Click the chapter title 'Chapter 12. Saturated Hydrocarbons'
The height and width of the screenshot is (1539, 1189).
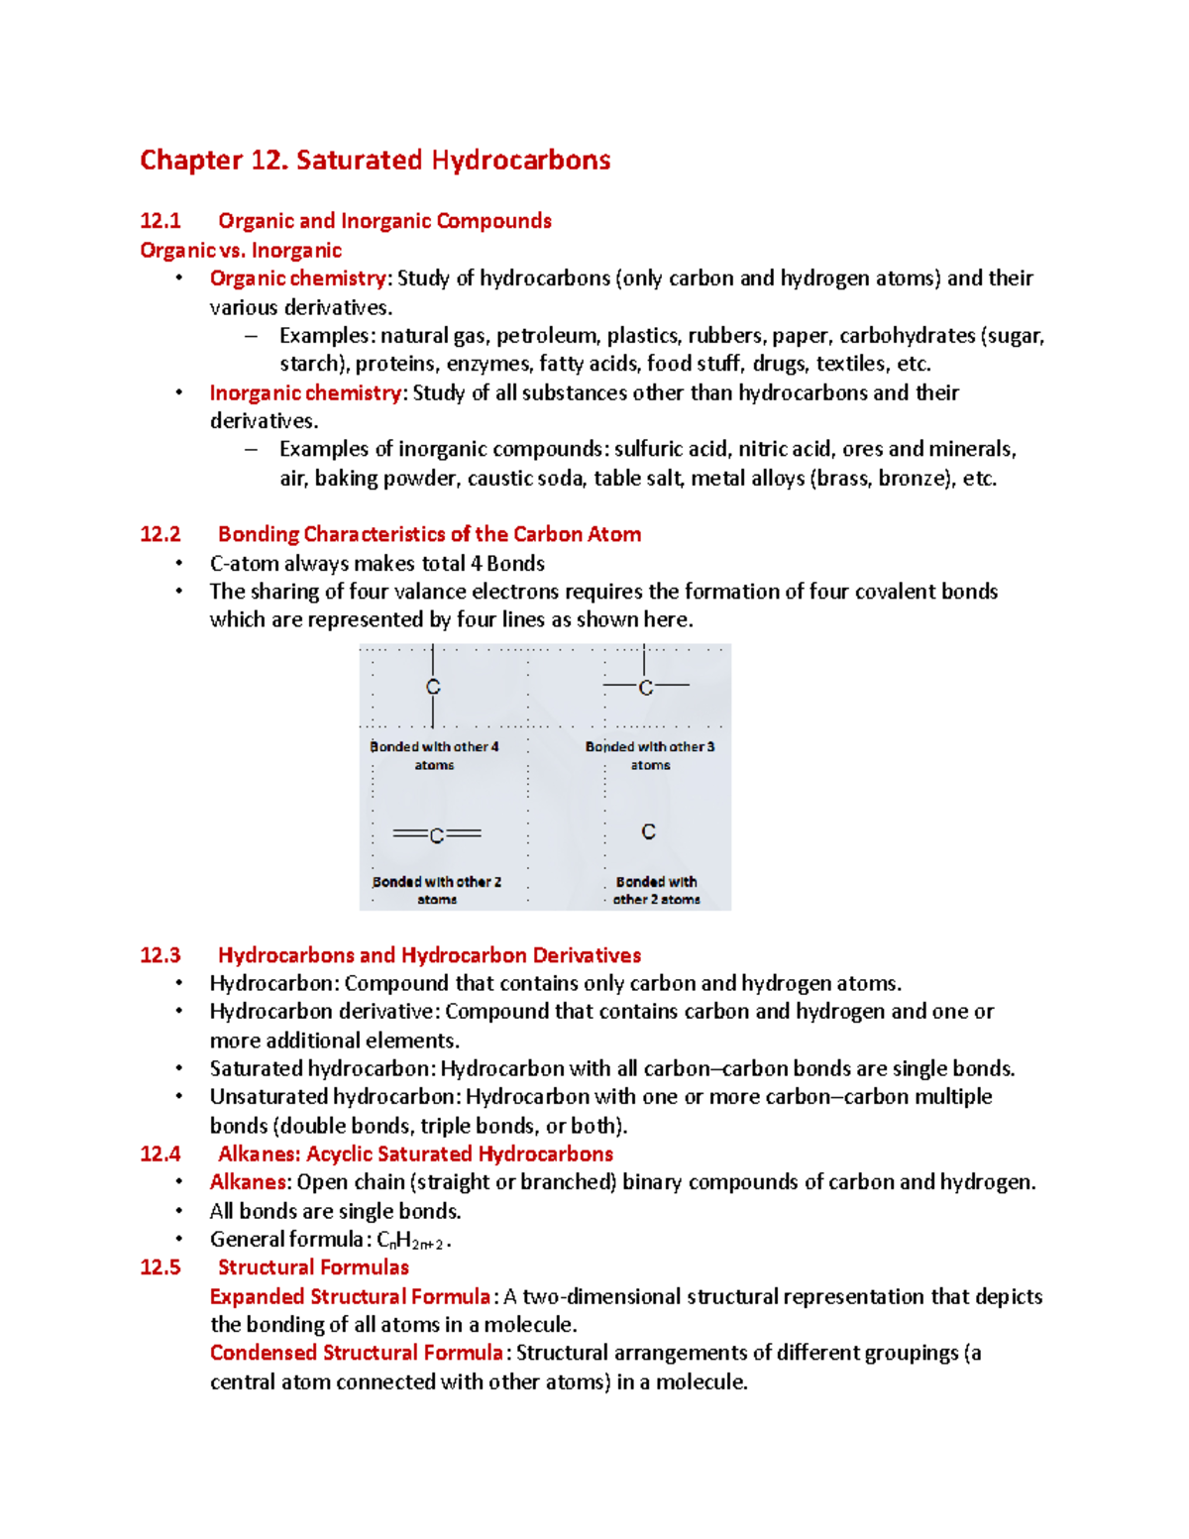(x=375, y=160)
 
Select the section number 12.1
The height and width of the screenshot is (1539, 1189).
(x=160, y=221)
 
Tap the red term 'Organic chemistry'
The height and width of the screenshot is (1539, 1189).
(x=297, y=278)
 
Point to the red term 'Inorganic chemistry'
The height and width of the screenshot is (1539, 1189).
(x=305, y=393)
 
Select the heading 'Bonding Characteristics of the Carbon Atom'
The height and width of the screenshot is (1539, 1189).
(x=429, y=534)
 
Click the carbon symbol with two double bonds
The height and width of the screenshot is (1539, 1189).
(x=437, y=835)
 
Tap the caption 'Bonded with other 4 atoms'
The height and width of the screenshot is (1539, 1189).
(x=434, y=755)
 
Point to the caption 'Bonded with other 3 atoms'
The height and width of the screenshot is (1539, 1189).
(x=650, y=755)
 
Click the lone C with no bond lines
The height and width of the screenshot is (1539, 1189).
(x=648, y=831)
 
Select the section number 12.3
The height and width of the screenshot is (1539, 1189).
(x=160, y=955)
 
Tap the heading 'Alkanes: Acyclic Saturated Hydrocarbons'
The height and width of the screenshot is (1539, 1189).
(x=415, y=1154)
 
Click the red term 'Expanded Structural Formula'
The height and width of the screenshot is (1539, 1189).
(x=350, y=1297)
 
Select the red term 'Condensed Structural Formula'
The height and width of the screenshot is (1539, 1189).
(x=356, y=1354)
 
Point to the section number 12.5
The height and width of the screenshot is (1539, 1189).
(x=160, y=1267)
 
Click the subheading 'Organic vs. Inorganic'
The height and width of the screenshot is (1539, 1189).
(x=241, y=251)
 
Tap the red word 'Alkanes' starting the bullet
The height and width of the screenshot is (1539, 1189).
(x=248, y=1182)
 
